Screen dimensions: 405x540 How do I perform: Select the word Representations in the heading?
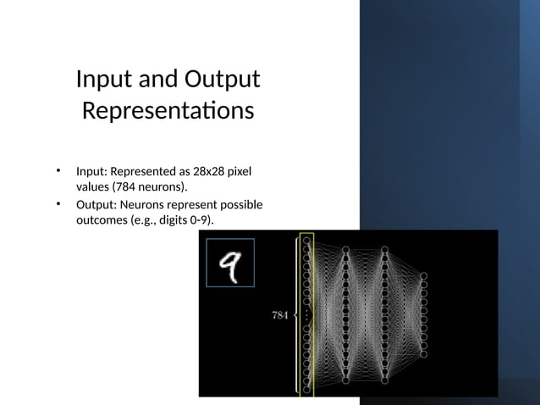(x=168, y=112)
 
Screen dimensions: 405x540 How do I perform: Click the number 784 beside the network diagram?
(x=280, y=315)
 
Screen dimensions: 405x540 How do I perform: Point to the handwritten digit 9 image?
(x=230, y=262)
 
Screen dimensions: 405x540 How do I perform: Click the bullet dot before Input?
(x=58, y=172)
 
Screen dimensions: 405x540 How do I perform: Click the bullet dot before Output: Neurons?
(x=58, y=204)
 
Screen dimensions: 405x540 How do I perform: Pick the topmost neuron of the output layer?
(x=423, y=275)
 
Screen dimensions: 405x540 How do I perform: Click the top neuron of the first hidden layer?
(x=345, y=249)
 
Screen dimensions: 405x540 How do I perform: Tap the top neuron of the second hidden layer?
(x=384, y=249)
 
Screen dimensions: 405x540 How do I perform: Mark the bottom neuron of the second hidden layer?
(x=384, y=381)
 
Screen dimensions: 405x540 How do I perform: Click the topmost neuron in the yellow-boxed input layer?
(x=306, y=241)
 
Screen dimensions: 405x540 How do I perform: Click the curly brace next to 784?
(x=295, y=314)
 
